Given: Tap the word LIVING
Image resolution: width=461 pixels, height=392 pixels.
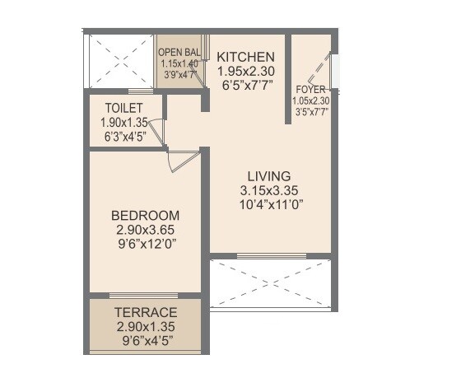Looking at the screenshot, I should pos(269,176).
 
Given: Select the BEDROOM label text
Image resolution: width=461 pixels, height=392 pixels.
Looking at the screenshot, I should pos(145,216).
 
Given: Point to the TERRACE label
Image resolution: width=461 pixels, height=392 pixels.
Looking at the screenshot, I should pos(146,312).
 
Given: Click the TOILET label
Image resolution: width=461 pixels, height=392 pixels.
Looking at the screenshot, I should pos(124,108).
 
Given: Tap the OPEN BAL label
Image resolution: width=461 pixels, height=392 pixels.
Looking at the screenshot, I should pos(180,52).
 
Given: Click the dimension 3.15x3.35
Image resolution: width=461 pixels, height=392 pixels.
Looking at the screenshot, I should pos(269,191).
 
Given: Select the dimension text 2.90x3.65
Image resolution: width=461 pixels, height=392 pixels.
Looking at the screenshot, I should pos(145,230).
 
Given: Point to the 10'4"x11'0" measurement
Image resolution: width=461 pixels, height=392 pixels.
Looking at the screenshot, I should pos(269,205).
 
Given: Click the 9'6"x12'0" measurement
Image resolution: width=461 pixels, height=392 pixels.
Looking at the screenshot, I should pos(145,244).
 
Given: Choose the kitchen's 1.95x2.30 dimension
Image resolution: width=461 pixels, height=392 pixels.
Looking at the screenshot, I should pos(244,71).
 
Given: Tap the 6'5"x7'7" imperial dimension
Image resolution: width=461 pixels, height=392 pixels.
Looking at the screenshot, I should pos(244,85).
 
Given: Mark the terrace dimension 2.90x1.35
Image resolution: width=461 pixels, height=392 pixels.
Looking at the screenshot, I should pos(146,326).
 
